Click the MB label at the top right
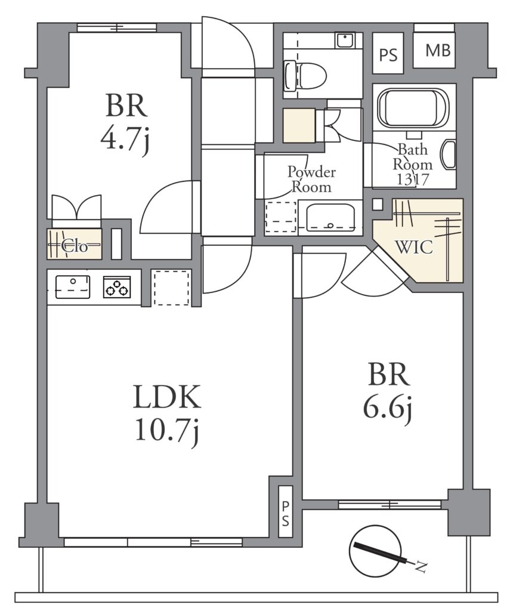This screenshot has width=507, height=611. pyautogui.click(x=438, y=50)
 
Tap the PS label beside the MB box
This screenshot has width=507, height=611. pyautogui.click(x=388, y=55)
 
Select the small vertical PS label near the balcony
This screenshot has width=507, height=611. pyautogui.click(x=286, y=513)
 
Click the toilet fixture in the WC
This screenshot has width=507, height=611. pyautogui.click(x=305, y=75)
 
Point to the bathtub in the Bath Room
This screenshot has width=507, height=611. pyautogui.click(x=413, y=107)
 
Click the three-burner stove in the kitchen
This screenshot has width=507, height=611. pyautogui.click(x=118, y=287)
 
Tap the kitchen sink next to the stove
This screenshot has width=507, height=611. pyautogui.click(x=73, y=287)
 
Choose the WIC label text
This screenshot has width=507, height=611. pyautogui.click(x=413, y=246)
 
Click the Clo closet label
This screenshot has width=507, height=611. pyautogui.click(x=75, y=246)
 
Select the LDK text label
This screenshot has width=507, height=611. pyautogui.click(x=167, y=397)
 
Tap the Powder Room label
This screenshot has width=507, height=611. pyautogui.click(x=311, y=179)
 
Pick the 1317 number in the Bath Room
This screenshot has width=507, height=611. pyautogui.click(x=413, y=179)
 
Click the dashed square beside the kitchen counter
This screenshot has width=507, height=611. pyautogui.click(x=172, y=288)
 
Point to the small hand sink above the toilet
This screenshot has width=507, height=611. pyautogui.click(x=345, y=40)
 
